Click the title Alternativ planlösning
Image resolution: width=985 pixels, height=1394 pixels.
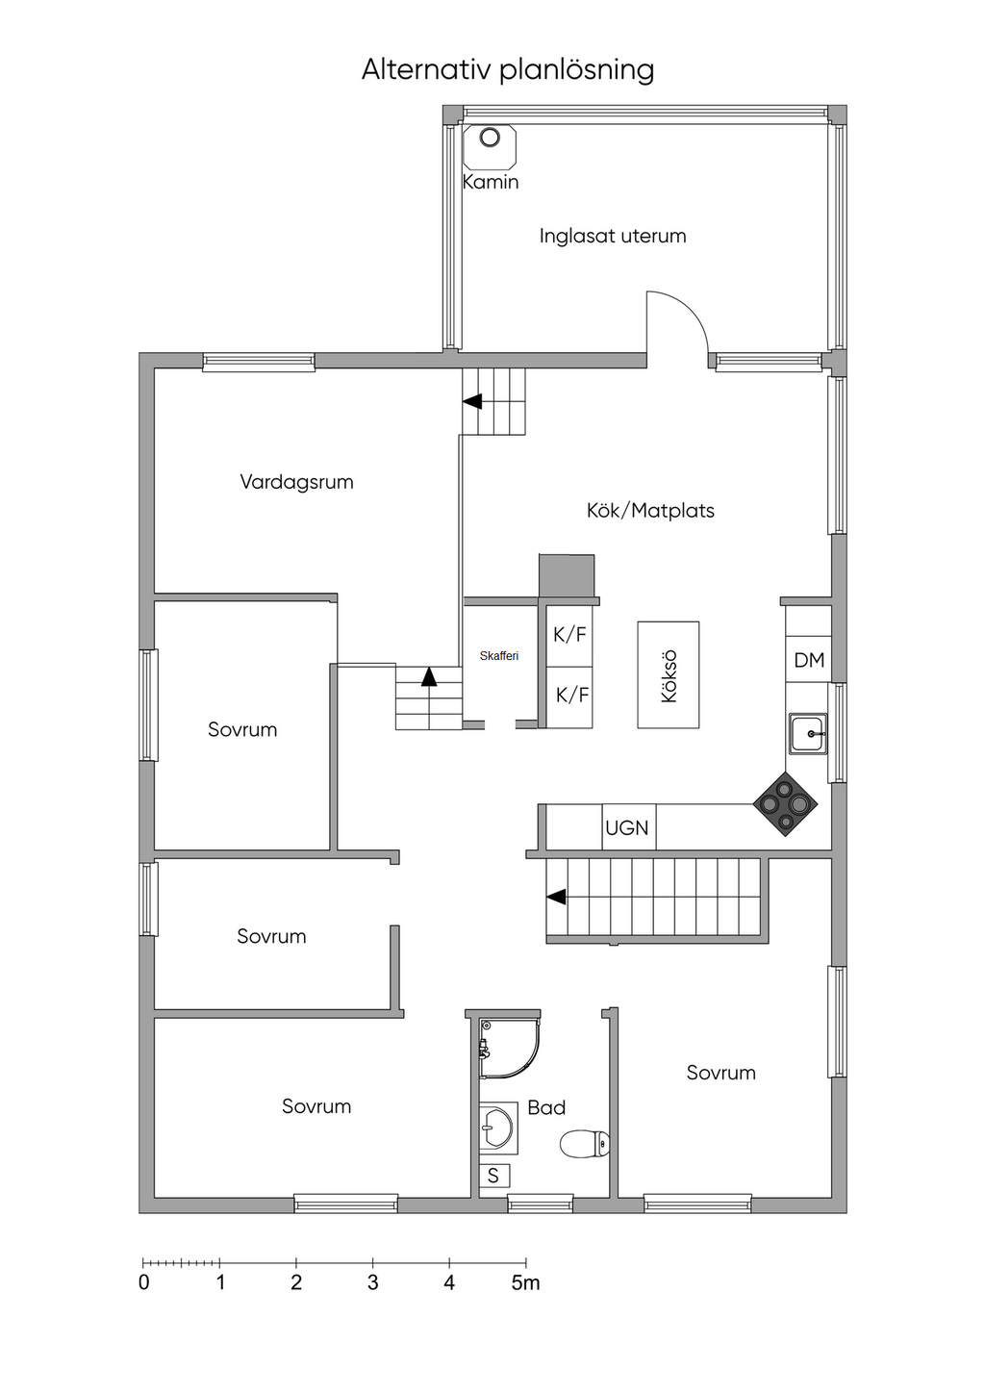coord(507,69)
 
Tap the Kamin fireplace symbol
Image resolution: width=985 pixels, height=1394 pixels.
coord(490,146)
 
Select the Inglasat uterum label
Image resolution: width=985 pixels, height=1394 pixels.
coord(613,236)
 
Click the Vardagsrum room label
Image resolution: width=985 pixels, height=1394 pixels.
coord(297,482)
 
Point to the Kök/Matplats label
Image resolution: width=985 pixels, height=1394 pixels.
coord(650,510)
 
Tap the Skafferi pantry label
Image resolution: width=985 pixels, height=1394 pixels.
coord(499,655)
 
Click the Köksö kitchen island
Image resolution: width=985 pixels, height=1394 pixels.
coord(669,674)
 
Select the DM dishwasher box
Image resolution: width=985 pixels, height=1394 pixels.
coord(808,659)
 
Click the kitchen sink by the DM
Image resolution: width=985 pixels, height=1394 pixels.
coord(808,734)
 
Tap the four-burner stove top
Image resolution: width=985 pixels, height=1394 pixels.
coord(785,804)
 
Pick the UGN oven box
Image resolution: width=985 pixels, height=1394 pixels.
coord(628,827)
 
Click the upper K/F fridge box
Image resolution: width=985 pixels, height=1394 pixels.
coord(568,635)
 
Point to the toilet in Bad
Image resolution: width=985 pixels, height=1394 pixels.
coord(584,1143)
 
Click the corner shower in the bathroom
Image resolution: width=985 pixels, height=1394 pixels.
coord(508,1048)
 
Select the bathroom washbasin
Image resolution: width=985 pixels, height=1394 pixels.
coord(497,1128)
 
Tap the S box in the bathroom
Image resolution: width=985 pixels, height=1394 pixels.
coord(494,1176)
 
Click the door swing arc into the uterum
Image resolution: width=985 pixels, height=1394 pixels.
coord(690,309)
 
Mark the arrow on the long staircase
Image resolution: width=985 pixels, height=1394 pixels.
coord(556,897)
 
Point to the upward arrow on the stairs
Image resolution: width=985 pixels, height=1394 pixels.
coord(429,676)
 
